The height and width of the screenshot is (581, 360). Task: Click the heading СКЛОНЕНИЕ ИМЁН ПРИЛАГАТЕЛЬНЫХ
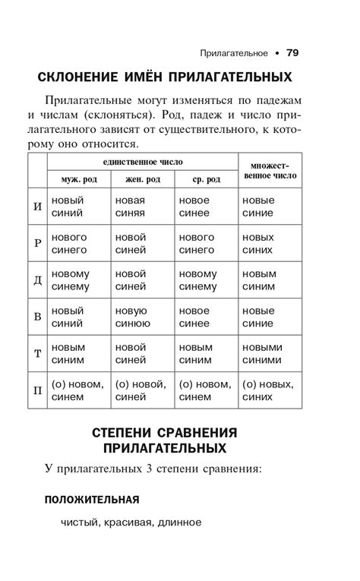(165, 77)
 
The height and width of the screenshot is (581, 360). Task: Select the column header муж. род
(79, 179)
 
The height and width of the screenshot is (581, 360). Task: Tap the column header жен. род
(143, 179)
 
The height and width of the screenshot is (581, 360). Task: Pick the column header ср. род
(206, 179)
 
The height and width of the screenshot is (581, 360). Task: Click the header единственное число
(143, 162)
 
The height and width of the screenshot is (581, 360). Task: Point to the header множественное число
(270, 171)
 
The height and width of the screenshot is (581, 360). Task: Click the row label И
(38, 207)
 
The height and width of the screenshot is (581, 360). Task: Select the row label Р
(38, 243)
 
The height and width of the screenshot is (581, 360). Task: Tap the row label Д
(38, 280)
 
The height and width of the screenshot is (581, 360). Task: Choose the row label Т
(38, 354)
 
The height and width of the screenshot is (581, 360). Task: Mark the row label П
(38, 390)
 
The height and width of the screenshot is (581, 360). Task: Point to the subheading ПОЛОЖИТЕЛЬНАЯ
(92, 499)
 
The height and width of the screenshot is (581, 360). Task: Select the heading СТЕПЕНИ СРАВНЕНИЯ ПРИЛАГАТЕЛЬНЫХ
(165, 440)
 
